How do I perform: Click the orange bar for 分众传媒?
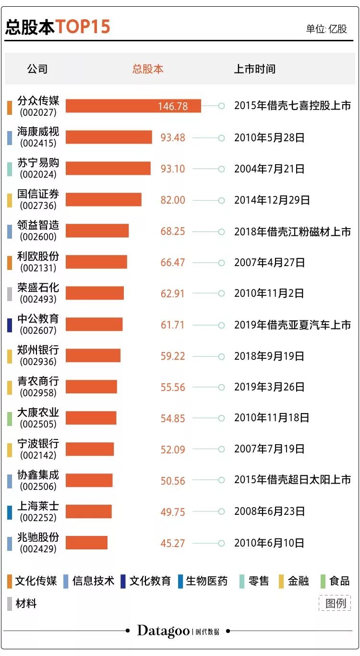(x=133, y=106)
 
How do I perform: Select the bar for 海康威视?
(x=108, y=137)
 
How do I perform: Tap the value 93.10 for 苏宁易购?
(x=172, y=169)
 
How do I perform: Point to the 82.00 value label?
(x=172, y=200)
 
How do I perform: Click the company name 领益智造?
(x=38, y=226)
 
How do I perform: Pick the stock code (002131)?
(x=38, y=268)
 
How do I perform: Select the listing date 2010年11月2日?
(x=269, y=293)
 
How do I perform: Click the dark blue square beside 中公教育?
(x=10, y=325)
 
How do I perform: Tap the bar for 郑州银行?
(x=93, y=356)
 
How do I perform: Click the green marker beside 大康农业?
(x=10, y=418)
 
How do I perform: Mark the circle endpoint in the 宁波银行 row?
(x=221, y=449)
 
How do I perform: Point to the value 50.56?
(x=172, y=481)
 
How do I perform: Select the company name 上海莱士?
(x=38, y=506)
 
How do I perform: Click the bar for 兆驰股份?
(x=86, y=543)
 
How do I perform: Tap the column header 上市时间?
(x=254, y=69)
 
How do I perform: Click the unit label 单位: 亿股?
(x=326, y=29)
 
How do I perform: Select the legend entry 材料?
(x=26, y=604)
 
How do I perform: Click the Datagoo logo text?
(x=163, y=631)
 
